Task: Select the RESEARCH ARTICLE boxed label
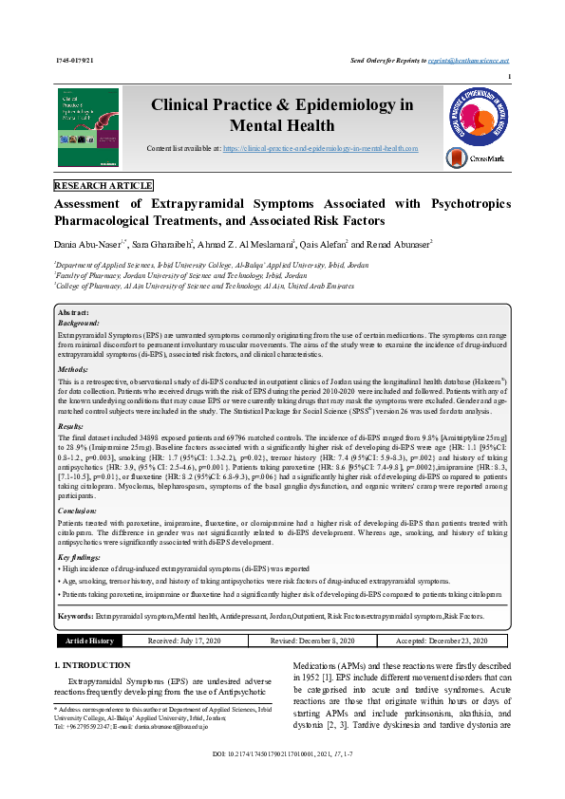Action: click(103, 186)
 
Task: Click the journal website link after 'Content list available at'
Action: click(321, 149)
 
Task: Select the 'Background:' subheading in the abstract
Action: click(81, 323)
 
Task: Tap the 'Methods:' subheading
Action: click(74, 368)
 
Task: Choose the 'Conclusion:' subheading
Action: click(79, 511)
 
